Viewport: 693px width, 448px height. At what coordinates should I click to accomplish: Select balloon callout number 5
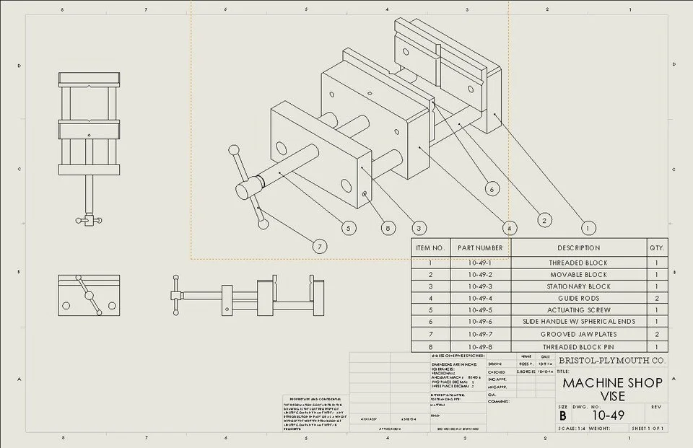[x=349, y=228]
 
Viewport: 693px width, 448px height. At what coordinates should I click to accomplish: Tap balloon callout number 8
[x=388, y=228]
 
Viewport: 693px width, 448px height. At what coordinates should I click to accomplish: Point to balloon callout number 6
[x=492, y=189]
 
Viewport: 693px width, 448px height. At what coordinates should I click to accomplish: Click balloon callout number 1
[x=589, y=228]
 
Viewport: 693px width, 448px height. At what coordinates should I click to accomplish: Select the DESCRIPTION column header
[x=578, y=247]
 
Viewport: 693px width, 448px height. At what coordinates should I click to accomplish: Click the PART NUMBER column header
[x=480, y=247]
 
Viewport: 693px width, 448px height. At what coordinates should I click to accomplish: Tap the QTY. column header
[x=657, y=247]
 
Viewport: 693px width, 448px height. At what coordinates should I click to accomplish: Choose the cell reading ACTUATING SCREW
[x=578, y=309]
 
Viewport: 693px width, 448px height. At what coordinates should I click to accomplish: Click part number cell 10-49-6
[x=480, y=321]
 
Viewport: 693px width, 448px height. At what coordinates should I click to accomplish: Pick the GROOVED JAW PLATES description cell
[x=578, y=334]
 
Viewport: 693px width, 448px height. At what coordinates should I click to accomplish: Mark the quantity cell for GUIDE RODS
[x=657, y=298]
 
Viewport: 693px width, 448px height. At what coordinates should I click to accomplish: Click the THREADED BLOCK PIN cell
[x=578, y=346]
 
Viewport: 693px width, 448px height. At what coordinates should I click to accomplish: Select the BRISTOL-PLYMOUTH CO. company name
[x=612, y=360]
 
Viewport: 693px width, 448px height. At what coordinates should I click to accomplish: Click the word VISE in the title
[x=612, y=396]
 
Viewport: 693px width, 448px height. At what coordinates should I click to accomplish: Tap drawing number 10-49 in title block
[x=608, y=415]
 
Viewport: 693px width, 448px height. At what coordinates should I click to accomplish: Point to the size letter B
[x=563, y=416]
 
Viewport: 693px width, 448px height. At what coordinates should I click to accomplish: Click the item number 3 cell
[x=430, y=286]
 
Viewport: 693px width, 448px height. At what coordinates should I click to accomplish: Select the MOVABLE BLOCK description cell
[x=578, y=275]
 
